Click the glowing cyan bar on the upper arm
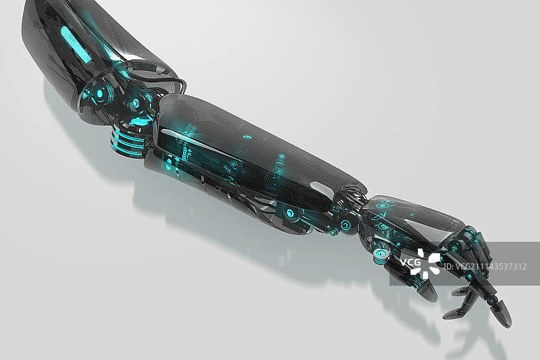point(76,44)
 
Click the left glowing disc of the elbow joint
point(100,93)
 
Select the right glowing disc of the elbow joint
point(136,102)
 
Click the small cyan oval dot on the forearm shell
point(246,137)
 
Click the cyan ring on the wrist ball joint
point(344,226)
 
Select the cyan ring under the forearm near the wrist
point(291,213)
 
